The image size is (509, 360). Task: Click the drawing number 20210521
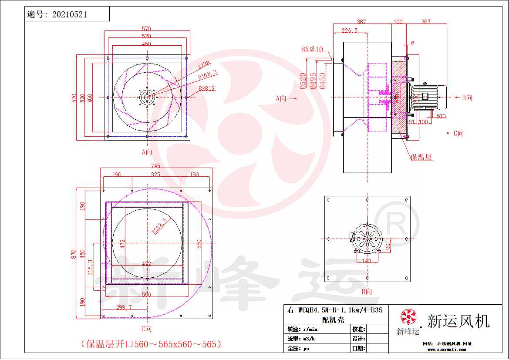tap(70, 14)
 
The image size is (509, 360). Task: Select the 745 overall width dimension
tap(155, 165)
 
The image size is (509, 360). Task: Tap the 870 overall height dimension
tap(74, 253)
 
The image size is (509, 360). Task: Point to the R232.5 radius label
tap(159, 226)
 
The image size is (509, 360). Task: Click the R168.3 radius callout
tap(208, 76)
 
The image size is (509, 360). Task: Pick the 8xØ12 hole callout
tap(207, 88)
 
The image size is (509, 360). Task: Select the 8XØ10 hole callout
tap(312, 49)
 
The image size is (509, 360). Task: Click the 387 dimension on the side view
tap(361, 22)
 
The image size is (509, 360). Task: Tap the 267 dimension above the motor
tap(426, 22)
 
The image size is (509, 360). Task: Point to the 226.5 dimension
tap(349, 30)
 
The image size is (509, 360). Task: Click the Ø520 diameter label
tap(302, 81)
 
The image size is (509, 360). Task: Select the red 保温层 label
tap(421, 157)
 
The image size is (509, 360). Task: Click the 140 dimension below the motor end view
tap(366, 260)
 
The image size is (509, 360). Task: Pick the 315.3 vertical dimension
tap(90, 268)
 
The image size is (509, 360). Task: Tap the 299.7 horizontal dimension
tap(124, 307)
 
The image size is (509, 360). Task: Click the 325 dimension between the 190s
tap(156, 174)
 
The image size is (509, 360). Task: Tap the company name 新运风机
tap(458, 321)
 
